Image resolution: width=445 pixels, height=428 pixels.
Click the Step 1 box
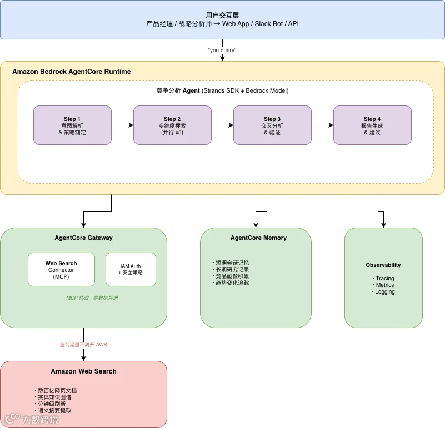coord(72,125)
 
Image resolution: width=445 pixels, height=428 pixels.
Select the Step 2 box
coord(172,125)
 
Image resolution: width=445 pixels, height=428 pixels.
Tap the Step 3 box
coord(272,125)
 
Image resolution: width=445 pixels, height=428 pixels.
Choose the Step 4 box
coord(372,125)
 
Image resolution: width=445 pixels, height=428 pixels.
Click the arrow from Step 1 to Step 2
coord(122,125)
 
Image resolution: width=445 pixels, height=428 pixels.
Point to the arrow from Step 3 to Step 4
coord(322,125)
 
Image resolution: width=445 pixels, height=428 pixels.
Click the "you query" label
coord(222,50)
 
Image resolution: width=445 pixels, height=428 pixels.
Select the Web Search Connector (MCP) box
coord(61,269)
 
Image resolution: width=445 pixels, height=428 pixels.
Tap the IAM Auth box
coord(131,269)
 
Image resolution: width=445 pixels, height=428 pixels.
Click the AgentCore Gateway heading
coord(83,238)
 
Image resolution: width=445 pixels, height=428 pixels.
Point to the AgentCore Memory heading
coord(258,238)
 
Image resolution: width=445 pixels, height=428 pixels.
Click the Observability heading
coord(383,265)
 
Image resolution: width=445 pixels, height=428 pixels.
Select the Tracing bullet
coord(383,278)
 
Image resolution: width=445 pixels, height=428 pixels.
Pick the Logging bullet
coord(383,292)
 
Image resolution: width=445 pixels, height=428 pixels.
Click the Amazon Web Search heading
coord(83,371)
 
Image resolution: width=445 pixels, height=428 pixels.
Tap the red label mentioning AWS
coord(83,345)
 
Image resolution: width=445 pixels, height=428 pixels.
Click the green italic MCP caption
coord(92,298)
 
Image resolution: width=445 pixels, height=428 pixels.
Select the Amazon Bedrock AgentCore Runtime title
coord(72,72)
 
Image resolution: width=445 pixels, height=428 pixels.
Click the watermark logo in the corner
coord(31,419)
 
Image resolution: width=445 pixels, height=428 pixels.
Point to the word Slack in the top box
coord(261,24)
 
